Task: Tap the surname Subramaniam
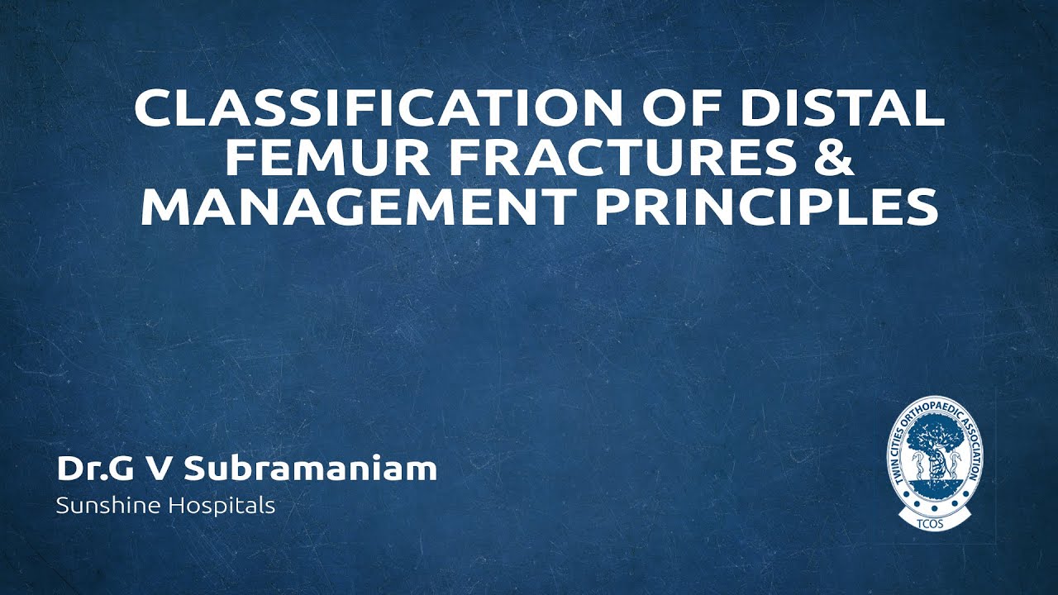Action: click(x=310, y=469)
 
